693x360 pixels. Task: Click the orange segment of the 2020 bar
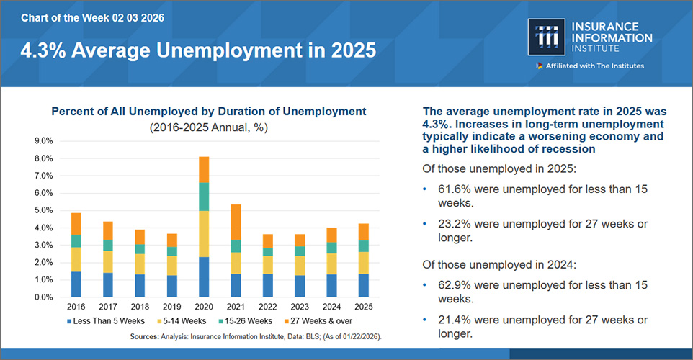point(204,169)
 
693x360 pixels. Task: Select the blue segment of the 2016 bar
point(76,284)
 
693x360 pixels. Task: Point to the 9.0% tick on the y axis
point(44,141)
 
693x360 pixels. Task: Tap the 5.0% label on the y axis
point(44,210)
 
